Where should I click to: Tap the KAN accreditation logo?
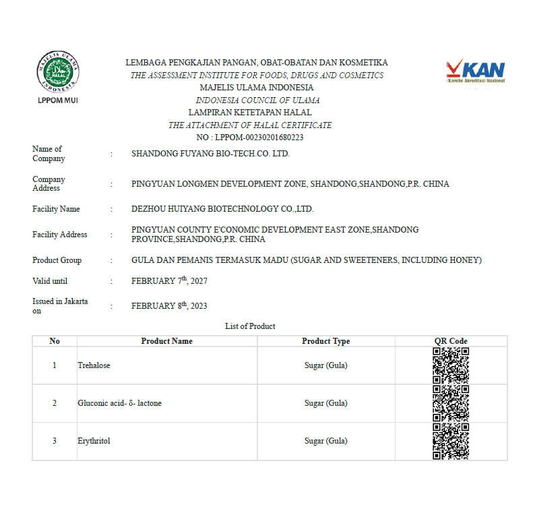[476, 72]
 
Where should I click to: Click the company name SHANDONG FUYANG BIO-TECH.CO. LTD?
[210, 154]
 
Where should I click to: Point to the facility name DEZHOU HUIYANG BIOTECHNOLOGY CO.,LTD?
[222, 209]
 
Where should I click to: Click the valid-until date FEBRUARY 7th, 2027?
[169, 280]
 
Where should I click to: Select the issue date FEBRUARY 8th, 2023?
[169, 305]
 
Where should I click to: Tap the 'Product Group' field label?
[57, 260]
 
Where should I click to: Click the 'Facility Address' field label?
[60, 235]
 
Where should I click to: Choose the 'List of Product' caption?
[250, 326]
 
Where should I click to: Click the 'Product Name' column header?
[166, 341]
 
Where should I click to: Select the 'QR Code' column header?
[451, 341]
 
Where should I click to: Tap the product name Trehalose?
[94, 365]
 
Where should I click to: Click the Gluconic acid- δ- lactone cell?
[119, 403]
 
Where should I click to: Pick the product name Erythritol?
[94, 441]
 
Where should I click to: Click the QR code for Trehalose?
[451, 365]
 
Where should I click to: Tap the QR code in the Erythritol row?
[451, 441]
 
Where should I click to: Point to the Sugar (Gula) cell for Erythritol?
[325, 441]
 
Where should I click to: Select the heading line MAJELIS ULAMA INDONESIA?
[257, 88]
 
